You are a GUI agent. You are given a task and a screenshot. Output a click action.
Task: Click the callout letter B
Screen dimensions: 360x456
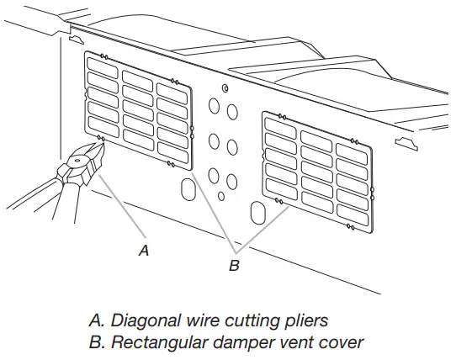235,267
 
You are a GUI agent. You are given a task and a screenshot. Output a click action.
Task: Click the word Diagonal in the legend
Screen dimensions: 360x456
142,320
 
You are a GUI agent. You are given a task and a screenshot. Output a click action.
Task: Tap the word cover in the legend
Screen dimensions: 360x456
346,342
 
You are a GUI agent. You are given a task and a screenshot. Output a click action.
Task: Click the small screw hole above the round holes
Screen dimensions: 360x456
225,88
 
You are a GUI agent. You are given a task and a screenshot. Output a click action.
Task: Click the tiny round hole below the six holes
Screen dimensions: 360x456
220,196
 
